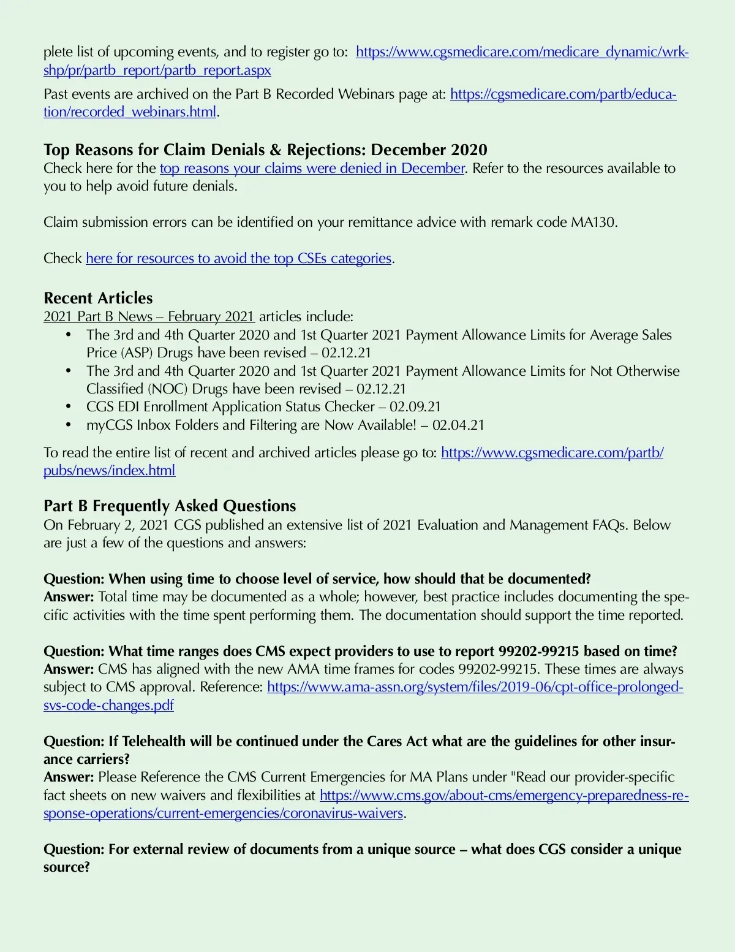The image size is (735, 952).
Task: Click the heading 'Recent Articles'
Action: (98, 299)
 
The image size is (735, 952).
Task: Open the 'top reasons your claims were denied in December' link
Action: (312, 169)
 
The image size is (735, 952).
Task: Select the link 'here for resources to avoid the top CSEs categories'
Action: (238, 259)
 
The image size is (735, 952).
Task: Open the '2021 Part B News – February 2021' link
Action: (149, 317)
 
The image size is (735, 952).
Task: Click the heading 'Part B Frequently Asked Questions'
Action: (170, 506)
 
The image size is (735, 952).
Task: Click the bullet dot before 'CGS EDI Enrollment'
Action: (69, 407)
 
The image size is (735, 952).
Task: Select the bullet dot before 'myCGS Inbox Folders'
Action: (69, 425)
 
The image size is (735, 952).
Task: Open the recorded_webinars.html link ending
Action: (130, 112)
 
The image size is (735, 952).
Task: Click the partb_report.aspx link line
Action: (157, 70)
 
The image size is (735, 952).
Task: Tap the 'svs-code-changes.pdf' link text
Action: (108, 706)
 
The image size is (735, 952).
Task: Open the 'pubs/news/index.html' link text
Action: (109, 471)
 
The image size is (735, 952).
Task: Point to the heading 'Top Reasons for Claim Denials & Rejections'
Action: (265, 150)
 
